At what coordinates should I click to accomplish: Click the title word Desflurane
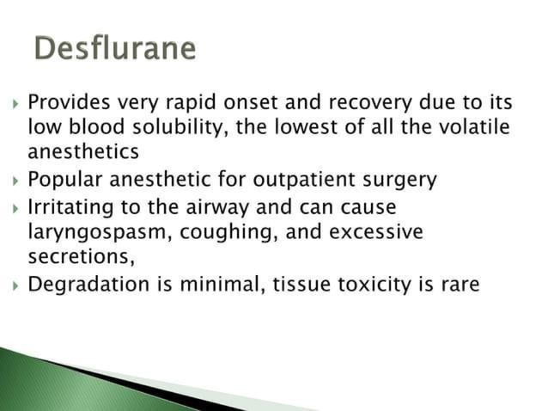[115, 48]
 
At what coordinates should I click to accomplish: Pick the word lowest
[328, 128]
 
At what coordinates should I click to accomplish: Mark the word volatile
[472, 128]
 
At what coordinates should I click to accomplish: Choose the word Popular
[64, 181]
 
